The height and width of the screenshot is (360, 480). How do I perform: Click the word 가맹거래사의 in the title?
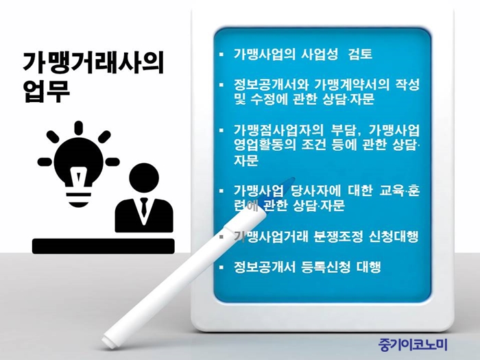93,64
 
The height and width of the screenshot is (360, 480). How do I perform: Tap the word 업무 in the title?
47,91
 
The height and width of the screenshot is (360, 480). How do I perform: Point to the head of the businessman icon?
144,178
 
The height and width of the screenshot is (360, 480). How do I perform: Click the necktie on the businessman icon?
144,208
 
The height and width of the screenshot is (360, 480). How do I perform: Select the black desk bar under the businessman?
103,246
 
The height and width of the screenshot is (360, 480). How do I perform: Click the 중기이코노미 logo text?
413,344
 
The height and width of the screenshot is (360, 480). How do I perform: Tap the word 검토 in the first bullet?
360,54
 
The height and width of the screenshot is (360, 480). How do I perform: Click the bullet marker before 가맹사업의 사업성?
221,54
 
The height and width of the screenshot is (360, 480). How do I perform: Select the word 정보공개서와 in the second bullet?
271,84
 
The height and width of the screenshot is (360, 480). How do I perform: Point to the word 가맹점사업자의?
278,130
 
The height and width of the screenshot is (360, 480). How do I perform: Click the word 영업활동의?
265,145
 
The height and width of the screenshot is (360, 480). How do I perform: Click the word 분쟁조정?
339,237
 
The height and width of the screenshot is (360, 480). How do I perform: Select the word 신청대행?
394,237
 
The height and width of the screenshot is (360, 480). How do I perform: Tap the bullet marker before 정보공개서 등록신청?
221,267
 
